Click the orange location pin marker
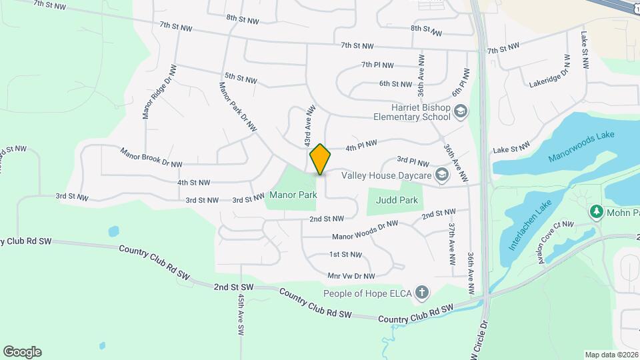tap(320, 159)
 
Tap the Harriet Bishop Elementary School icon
tap(459, 110)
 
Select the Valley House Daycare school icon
tap(441, 175)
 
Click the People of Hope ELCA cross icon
tap(421, 293)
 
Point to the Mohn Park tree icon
tap(597, 212)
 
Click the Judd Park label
tap(395, 199)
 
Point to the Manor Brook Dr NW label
tap(151, 159)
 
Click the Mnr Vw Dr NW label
tap(351, 275)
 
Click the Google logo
tap(22, 352)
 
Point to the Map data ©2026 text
tap(609, 354)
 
